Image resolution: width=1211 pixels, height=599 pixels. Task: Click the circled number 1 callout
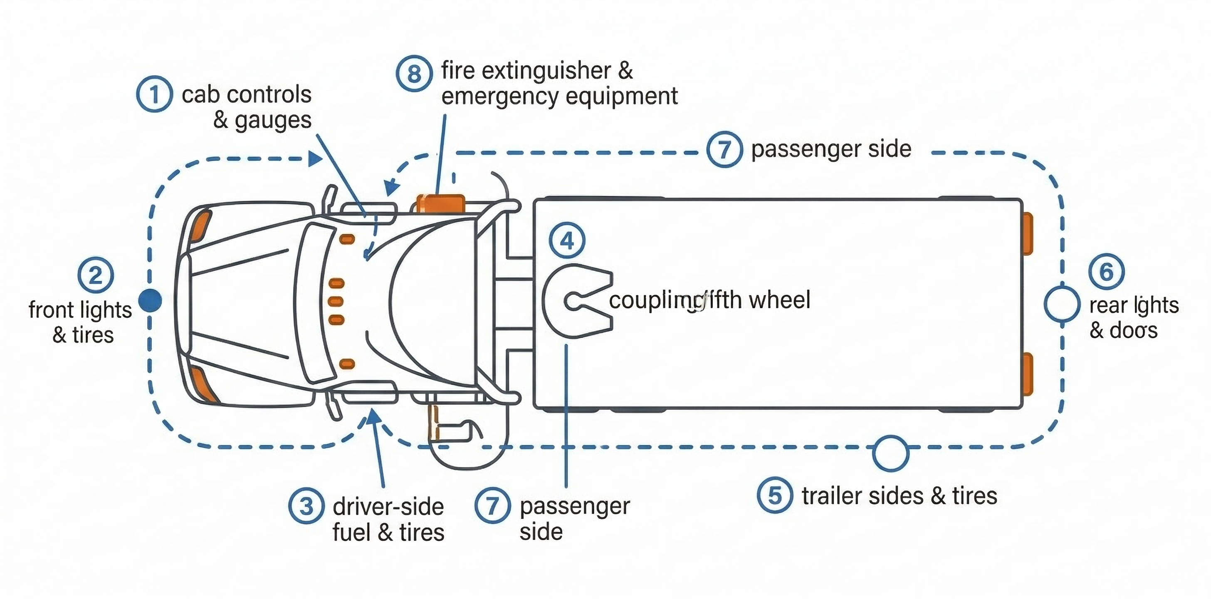(x=154, y=94)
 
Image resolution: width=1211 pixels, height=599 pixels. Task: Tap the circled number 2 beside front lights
(x=95, y=275)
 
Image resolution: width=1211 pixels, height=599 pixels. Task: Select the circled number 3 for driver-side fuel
(x=306, y=506)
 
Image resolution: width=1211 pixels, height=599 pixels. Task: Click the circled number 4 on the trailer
(x=567, y=241)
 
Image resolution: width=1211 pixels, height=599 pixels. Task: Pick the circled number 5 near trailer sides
(x=775, y=495)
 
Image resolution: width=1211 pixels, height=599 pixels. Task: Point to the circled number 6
(x=1107, y=271)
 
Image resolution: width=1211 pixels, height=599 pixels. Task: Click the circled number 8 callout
(x=414, y=73)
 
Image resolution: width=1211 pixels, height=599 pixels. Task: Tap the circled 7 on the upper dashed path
(x=724, y=149)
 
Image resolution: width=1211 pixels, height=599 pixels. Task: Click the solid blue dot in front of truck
(x=151, y=300)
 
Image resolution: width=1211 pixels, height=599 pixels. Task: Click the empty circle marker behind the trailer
(x=1062, y=304)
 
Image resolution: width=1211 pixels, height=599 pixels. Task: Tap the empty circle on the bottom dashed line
(x=890, y=453)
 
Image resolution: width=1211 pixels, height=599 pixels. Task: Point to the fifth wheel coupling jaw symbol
(x=577, y=301)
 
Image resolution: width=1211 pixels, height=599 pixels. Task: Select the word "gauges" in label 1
(x=273, y=120)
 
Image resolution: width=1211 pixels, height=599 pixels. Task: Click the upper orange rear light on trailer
(x=1028, y=233)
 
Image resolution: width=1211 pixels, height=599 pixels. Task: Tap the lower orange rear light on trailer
(x=1028, y=374)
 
